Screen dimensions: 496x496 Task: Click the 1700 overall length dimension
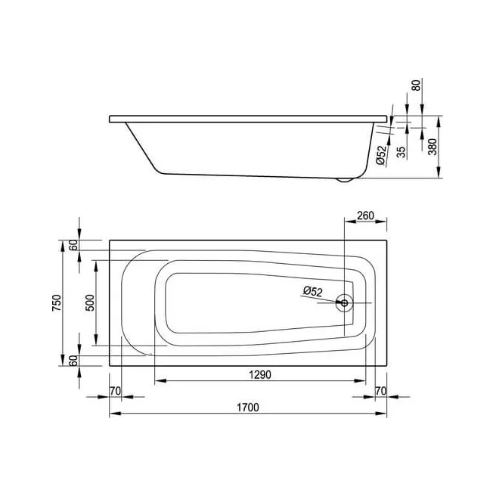[248, 408]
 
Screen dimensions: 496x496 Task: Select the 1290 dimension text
[260, 374]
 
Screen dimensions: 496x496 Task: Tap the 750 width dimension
[57, 302]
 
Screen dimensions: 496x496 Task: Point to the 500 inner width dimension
[90, 302]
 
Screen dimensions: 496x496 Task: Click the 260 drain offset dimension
[365, 215]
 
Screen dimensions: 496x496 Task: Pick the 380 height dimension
[432, 147]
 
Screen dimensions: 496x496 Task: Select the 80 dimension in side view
[417, 85]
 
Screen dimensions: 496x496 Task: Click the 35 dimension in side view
[401, 152]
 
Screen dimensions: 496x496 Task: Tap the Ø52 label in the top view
[312, 291]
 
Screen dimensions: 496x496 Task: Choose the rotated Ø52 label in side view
[382, 155]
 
